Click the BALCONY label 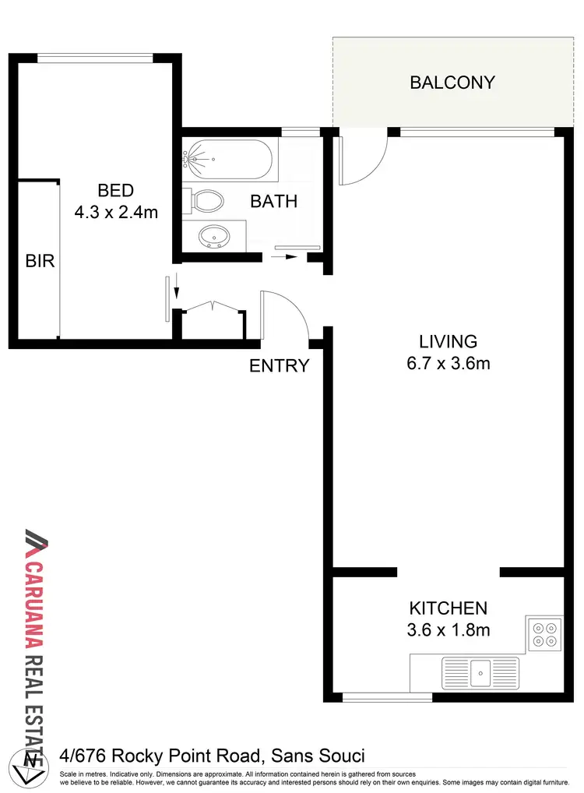pos(452,83)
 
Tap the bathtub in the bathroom pos(227,160)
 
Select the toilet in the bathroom pos(207,202)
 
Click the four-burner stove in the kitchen pos(544,633)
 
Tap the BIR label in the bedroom pos(40,261)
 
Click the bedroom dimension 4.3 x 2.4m pos(115,211)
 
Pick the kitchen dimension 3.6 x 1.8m pos(449,629)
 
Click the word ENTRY pos(280,365)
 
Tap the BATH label pos(273,201)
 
